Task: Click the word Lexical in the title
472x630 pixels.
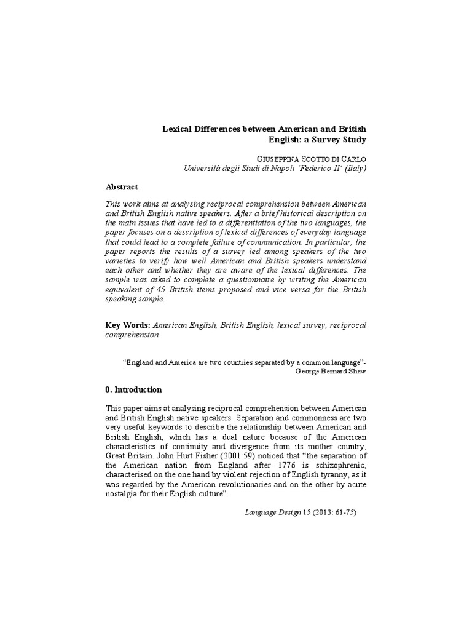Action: click(176, 129)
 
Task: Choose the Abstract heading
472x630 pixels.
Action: click(122, 187)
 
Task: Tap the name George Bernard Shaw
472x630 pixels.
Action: click(331, 372)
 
